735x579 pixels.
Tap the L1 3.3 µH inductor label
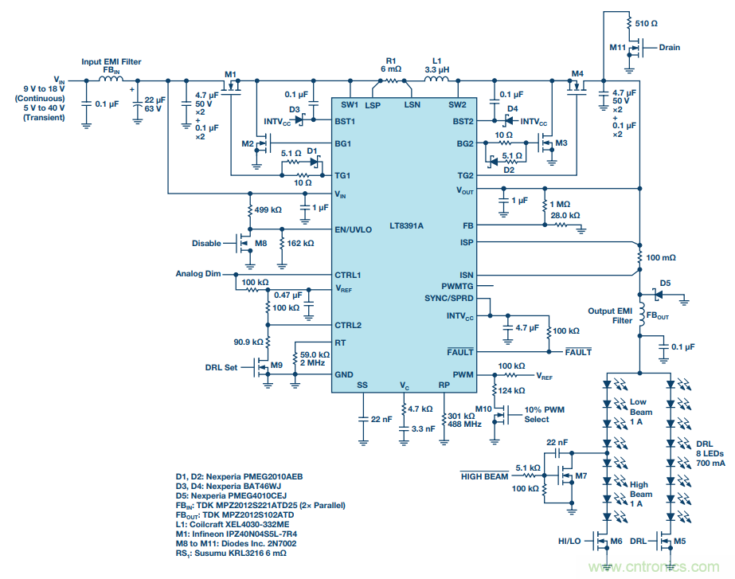coord(436,65)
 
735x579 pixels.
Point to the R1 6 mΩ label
coord(390,65)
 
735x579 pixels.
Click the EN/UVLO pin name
coord(354,229)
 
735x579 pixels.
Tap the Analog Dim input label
coord(197,274)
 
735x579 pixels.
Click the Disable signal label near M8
coord(206,244)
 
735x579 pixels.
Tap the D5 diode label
coord(665,283)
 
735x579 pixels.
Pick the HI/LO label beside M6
coord(570,542)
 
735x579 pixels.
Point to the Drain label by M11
coord(669,47)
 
